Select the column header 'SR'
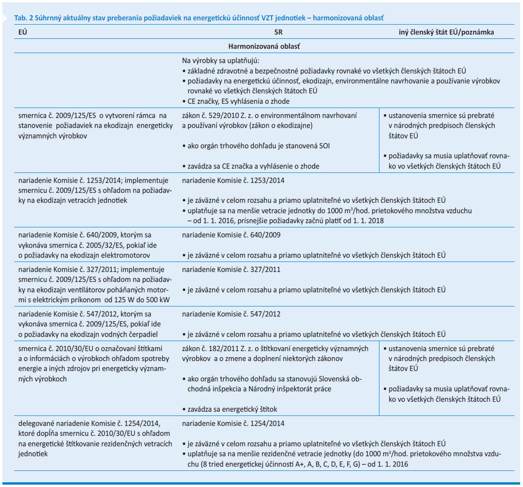pyautogui.click(x=278, y=33)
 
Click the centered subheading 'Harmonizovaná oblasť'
pyautogui.click(x=264, y=46)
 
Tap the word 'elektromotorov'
pyautogui.click(x=127, y=255)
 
